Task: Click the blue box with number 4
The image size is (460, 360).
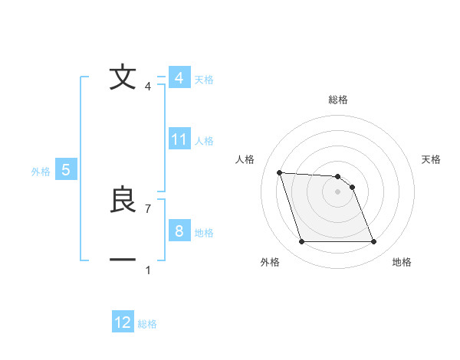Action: coord(179,77)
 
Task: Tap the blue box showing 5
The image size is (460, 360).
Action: coord(66,170)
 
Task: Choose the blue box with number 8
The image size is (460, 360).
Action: coord(179,231)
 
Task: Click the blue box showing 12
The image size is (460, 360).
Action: coord(123,322)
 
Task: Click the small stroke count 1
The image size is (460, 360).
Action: coord(148,270)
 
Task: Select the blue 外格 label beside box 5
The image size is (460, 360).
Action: coord(41,172)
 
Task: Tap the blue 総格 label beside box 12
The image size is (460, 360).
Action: coord(147,324)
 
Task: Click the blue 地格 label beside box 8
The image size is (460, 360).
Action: coord(204,233)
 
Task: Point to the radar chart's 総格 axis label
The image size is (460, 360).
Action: coord(338,100)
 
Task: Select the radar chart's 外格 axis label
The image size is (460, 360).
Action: coord(270,262)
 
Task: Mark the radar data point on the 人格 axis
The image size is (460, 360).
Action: coord(279,172)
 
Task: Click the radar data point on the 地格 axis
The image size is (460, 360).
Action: coord(373,242)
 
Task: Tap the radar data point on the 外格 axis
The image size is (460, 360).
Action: coord(301,242)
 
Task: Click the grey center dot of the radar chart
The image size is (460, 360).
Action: coord(338,192)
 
